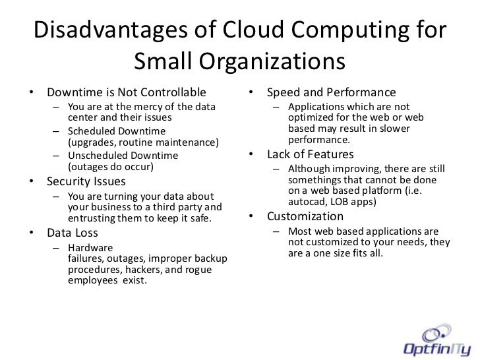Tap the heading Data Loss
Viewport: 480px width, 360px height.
pos(73,233)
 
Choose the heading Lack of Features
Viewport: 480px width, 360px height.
pos(310,156)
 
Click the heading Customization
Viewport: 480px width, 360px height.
pos(305,216)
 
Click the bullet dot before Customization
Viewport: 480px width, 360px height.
pos(251,217)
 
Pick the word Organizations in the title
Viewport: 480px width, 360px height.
pos(271,63)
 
